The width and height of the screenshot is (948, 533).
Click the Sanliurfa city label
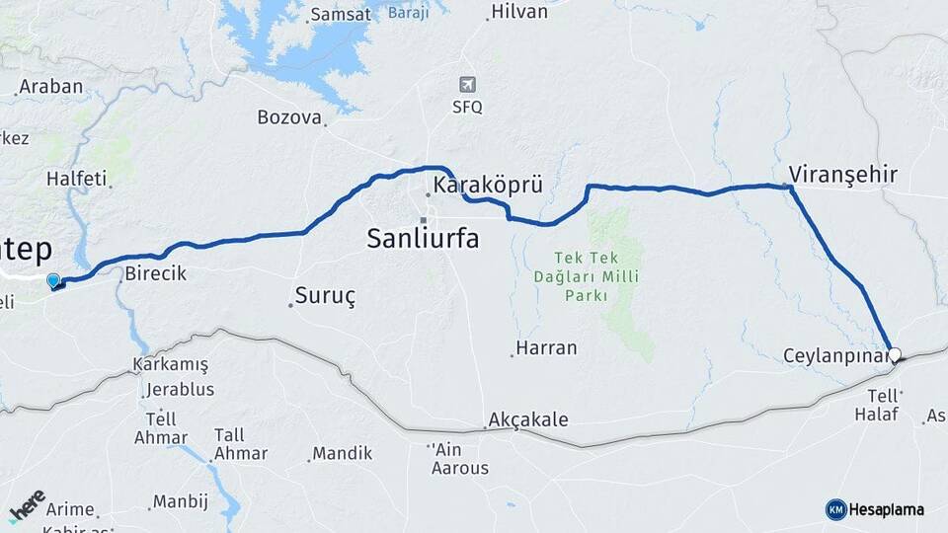[423, 238]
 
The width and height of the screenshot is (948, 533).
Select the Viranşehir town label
[842, 176]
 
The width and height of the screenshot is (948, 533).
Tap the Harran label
[546, 348]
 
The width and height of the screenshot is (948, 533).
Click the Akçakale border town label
[528, 420]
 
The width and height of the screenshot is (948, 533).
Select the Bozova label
[289, 117]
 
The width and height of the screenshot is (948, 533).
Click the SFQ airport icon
[467, 85]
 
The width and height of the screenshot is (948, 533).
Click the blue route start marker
[53, 281]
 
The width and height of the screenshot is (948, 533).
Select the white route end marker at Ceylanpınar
[895, 354]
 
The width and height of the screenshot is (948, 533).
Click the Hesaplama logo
[875, 509]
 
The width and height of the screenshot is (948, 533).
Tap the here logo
[27, 505]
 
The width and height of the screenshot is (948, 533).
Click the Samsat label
[340, 15]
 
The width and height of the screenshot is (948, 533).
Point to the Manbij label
[182, 501]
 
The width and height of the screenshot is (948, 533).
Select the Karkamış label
[171, 365]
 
